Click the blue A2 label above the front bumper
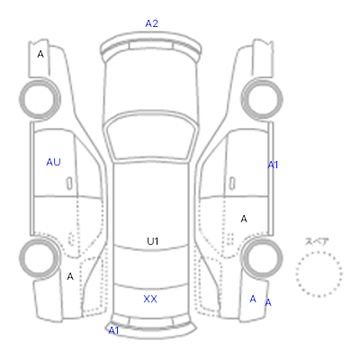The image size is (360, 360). pyautogui.click(x=151, y=23)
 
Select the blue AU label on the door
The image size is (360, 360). pyautogui.click(x=53, y=162)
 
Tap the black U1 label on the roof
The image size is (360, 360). pyautogui.click(x=153, y=241)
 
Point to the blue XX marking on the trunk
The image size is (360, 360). pyautogui.click(x=150, y=299)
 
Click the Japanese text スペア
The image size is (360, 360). pyautogui.click(x=317, y=241)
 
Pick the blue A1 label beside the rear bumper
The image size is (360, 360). pyautogui.click(x=113, y=330)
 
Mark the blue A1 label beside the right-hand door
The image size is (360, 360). pyautogui.click(x=273, y=165)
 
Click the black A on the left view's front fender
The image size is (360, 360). pyautogui.click(x=40, y=54)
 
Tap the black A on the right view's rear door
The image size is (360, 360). pyautogui.click(x=244, y=219)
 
